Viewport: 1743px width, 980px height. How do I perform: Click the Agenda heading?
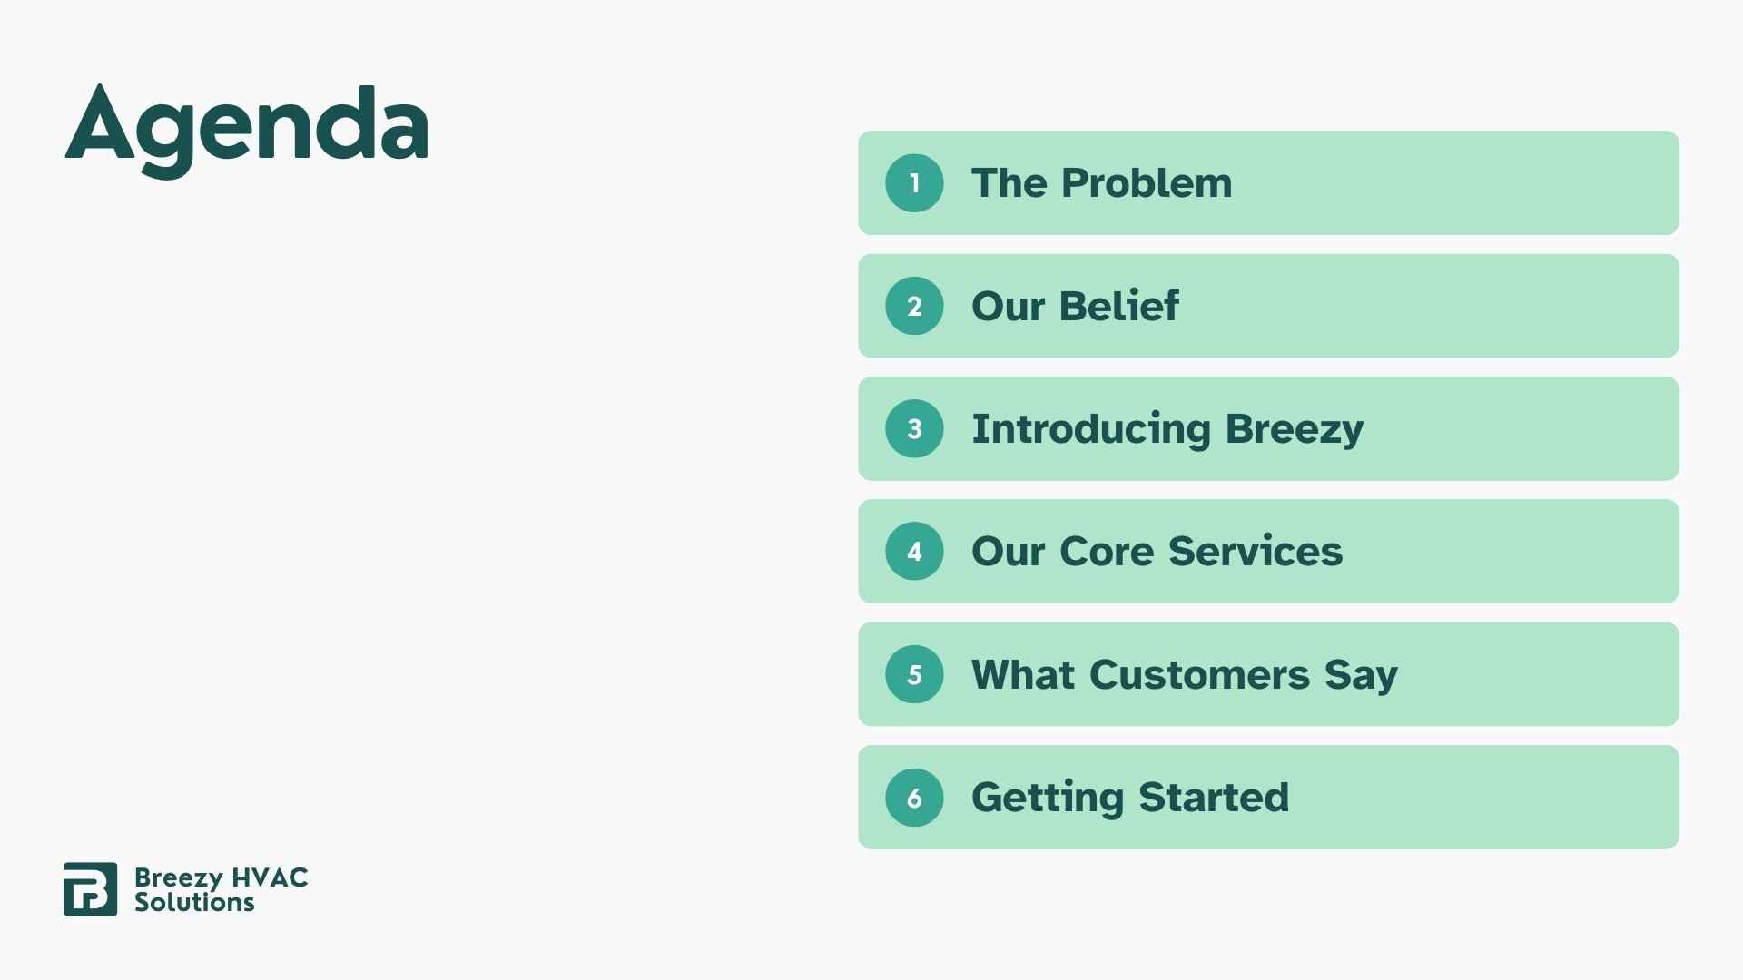click(246, 127)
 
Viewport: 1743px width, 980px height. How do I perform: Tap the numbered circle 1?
click(914, 183)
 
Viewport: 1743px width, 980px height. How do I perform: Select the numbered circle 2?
click(914, 306)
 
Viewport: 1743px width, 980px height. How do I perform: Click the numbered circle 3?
click(914, 428)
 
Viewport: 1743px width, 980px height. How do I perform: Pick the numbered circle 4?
click(914, 551)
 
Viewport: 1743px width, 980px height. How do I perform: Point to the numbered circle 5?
click(914, 674)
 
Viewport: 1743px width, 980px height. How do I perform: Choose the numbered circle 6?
click(914, 798)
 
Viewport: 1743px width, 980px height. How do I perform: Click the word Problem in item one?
click(1147, 183)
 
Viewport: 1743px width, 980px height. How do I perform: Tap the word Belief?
click(1118, 306)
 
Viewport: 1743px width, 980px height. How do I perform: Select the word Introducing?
click(1090, 429)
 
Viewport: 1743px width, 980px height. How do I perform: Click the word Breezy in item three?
click(1294, 429)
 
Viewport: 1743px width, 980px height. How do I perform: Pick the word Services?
click(1255, 552)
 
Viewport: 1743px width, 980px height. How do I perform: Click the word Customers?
click(1199, 675)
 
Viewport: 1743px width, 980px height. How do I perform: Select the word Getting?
click(1047, 799)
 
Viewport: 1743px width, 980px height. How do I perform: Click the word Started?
click(1213, 798)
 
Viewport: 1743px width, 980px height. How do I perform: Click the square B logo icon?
click(90, 889)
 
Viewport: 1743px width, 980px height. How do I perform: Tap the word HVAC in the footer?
click(270, 877)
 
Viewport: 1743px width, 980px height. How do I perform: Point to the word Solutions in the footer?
click(194, 902)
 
